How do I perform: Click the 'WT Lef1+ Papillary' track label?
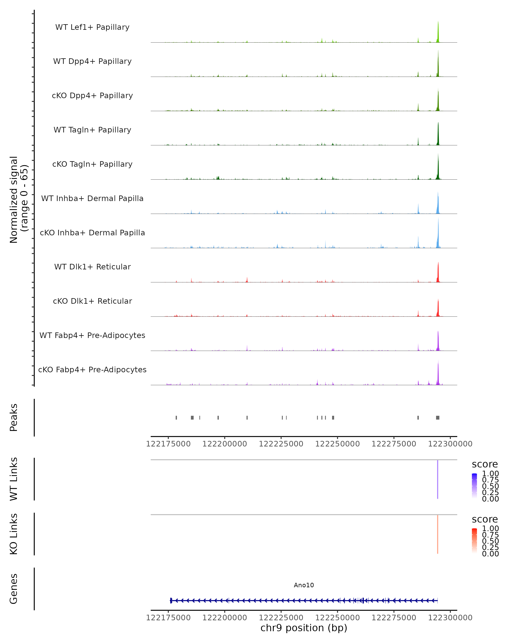92,27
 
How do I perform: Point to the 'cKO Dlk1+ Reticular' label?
92,301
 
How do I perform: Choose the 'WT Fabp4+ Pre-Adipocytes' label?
92,335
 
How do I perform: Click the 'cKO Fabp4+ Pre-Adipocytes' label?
92,370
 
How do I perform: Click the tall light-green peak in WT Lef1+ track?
438,33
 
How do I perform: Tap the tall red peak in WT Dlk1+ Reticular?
438,273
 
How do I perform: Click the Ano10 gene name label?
304,585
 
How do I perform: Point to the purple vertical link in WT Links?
437,479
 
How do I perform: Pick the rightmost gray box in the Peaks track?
437,418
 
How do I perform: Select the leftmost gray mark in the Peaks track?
176,418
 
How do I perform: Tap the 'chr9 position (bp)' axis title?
304,628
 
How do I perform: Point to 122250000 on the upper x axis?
337,444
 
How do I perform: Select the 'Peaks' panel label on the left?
14,418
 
